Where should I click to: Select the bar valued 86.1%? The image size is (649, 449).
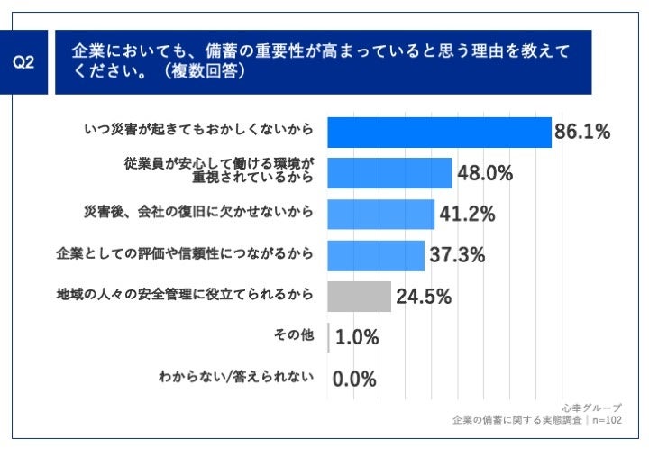[x=439, y=132]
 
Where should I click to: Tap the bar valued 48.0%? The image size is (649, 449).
[x=389, y=173]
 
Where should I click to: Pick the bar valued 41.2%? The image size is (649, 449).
[x=380, y=214]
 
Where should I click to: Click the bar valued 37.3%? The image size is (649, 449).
[x=376, y=255]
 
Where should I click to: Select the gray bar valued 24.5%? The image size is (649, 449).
[x=359, y=296]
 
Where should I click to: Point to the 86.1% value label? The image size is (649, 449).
[x=582, y=132]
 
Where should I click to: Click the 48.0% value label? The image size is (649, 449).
[x=485, y=173]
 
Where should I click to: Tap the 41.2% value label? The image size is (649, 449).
[x=468, y=214]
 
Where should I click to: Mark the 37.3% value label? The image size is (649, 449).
[x=459, y=255]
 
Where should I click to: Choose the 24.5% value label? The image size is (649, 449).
[x=425, y=296]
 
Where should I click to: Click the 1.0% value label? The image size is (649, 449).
[x=356, y=337]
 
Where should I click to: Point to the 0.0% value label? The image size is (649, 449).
[x=354, y=379]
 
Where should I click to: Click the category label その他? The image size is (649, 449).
[x=294, y=336]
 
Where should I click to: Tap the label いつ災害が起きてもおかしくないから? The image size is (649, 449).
[x=198, y=131]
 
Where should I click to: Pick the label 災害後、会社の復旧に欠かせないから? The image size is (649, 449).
[x=198, y=213]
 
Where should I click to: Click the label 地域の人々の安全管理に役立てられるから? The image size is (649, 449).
[x=185, y=295]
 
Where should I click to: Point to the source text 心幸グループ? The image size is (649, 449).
[x=590, y=408]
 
